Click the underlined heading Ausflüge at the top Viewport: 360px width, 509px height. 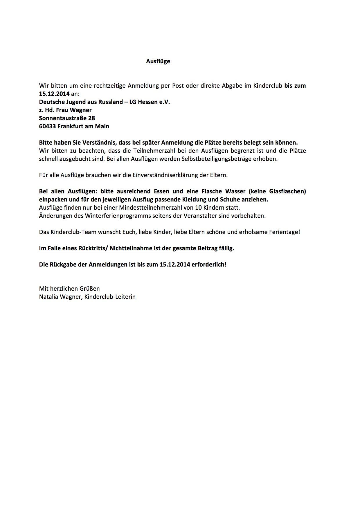point(158,61)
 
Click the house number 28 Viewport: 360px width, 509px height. point(91,118)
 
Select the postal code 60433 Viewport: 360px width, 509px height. point(47,126)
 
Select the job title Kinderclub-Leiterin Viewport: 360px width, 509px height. point(110,297)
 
